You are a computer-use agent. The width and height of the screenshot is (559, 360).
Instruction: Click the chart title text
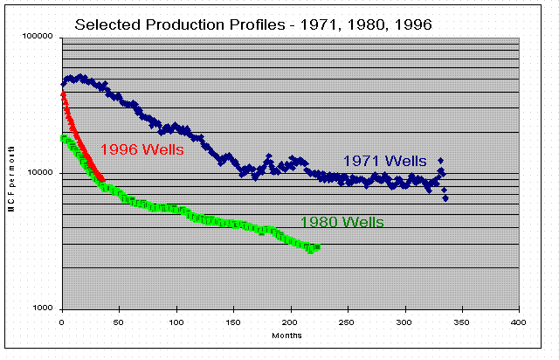pyautogui.click(x=253, y=24)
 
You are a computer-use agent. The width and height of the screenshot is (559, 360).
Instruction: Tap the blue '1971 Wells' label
pyautogui.click(x=384, y=161)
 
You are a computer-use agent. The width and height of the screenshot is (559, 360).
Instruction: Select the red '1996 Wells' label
pyautogui.click(x=141, y=149)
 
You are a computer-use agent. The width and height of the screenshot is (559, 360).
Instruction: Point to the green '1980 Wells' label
pyautogui.click(x=342, y=222)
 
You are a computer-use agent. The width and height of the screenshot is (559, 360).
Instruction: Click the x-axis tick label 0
pyautogui.click(x=62, y=322)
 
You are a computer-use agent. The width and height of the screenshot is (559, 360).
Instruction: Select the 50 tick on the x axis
pyautogui.click(x=119, y=322)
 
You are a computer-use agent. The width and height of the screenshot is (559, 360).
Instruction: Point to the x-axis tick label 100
pyautogui.click(x=176, y=322)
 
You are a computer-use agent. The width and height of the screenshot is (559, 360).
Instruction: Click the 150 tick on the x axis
pyautogui.click(x=233, y=322)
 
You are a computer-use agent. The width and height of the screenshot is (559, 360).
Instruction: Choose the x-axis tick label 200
pyautogui.click(x=291, y=322)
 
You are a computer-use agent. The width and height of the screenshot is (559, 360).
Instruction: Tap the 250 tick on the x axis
pyautogui.click(x=348, y=322)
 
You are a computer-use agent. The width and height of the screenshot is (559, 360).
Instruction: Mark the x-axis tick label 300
pyautogui.click(x=405, y=322)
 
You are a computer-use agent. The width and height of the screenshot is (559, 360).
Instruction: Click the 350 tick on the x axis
pyautogui.click(x=462, y=322)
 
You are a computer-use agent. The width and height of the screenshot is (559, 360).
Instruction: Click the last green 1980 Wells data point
pyautogui.click(x=317, y=247)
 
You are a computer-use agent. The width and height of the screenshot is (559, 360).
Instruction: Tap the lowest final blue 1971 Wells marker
pyautogui.click(x=445, y=198)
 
